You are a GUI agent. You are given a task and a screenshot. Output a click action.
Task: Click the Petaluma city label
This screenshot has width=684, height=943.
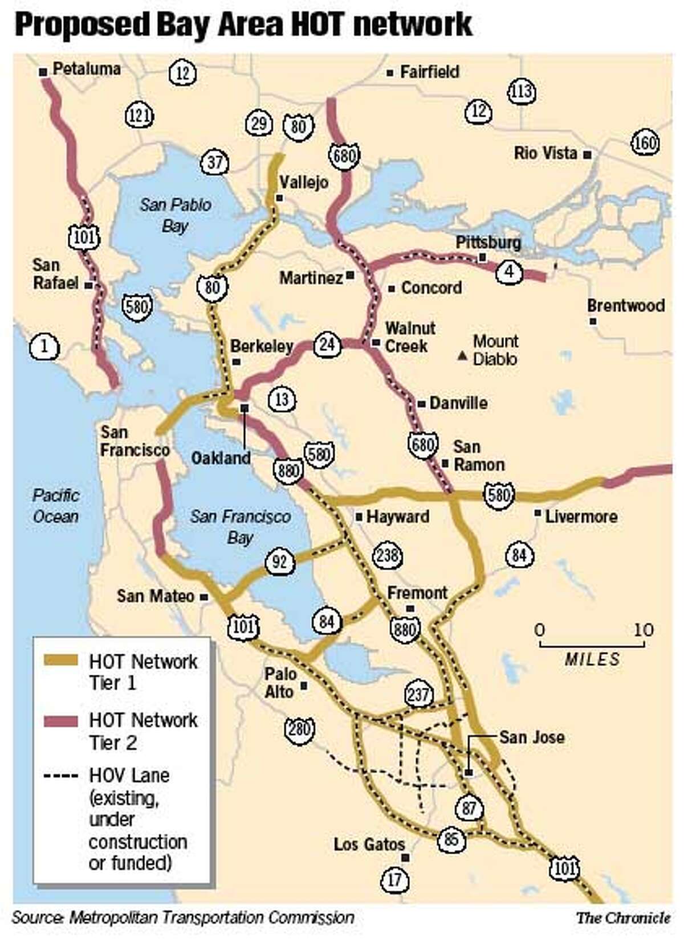coord(86,69)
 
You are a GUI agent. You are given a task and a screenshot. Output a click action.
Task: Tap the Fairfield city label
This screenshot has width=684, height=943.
coord(429,72)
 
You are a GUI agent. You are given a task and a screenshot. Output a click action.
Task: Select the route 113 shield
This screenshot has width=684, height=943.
coord(521,92)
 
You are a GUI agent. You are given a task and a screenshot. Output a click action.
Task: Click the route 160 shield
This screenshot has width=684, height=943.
coord(645,142)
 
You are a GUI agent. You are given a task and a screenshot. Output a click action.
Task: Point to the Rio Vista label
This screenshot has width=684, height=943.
coord(545,153)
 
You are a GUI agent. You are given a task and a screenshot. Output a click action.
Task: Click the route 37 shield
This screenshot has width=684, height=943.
coord(214,162)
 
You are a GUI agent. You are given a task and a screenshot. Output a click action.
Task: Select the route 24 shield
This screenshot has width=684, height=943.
coord(327,345)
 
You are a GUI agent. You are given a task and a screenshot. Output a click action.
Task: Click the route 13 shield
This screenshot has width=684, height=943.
coord(282,399)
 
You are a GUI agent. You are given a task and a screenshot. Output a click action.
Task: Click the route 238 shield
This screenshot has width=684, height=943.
coord(387,555)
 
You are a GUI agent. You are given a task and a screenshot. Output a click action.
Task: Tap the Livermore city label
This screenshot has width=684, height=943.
coord(581,516)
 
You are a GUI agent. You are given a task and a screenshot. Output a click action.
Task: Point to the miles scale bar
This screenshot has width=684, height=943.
coord(592,645)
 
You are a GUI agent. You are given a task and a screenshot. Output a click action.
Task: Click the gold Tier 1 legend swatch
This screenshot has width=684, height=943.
coord(60,661)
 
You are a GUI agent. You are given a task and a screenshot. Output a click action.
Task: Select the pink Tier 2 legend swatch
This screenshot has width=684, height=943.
coord(60,721)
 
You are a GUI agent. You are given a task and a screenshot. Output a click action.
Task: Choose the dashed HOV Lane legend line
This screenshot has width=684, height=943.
coord(60,776)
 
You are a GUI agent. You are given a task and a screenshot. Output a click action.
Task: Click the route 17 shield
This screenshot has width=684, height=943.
coord(394,880)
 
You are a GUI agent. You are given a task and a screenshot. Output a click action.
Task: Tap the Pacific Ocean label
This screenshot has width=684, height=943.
coord(55,506)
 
